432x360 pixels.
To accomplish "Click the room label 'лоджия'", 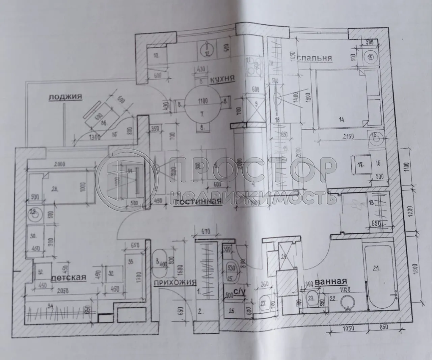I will [x=65, y=97].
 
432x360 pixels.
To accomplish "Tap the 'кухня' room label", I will [x=222, y=80].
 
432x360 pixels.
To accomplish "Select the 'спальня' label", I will [x=314, y=58].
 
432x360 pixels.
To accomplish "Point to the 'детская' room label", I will [x=69, y=277].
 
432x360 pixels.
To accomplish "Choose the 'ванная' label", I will [x=331, y=281].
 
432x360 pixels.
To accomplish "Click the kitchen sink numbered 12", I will [x=206, y=50].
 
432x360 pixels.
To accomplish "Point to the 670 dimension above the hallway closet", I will [x=206, y=232].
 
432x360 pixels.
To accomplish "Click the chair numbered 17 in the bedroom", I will [x=360, y=165].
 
